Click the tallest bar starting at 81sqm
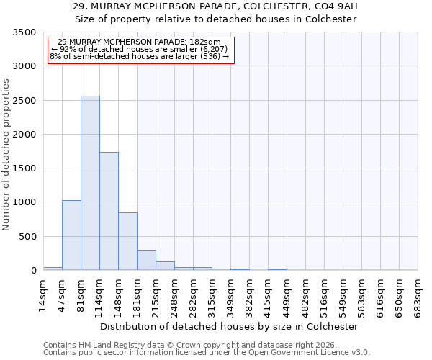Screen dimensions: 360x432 pos(90,183)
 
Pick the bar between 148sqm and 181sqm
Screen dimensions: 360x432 pos(127,241)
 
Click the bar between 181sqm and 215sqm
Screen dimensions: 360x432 pos(146,260)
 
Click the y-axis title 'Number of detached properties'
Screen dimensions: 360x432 pos(7,155)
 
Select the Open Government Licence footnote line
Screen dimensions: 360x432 pos(206,353)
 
